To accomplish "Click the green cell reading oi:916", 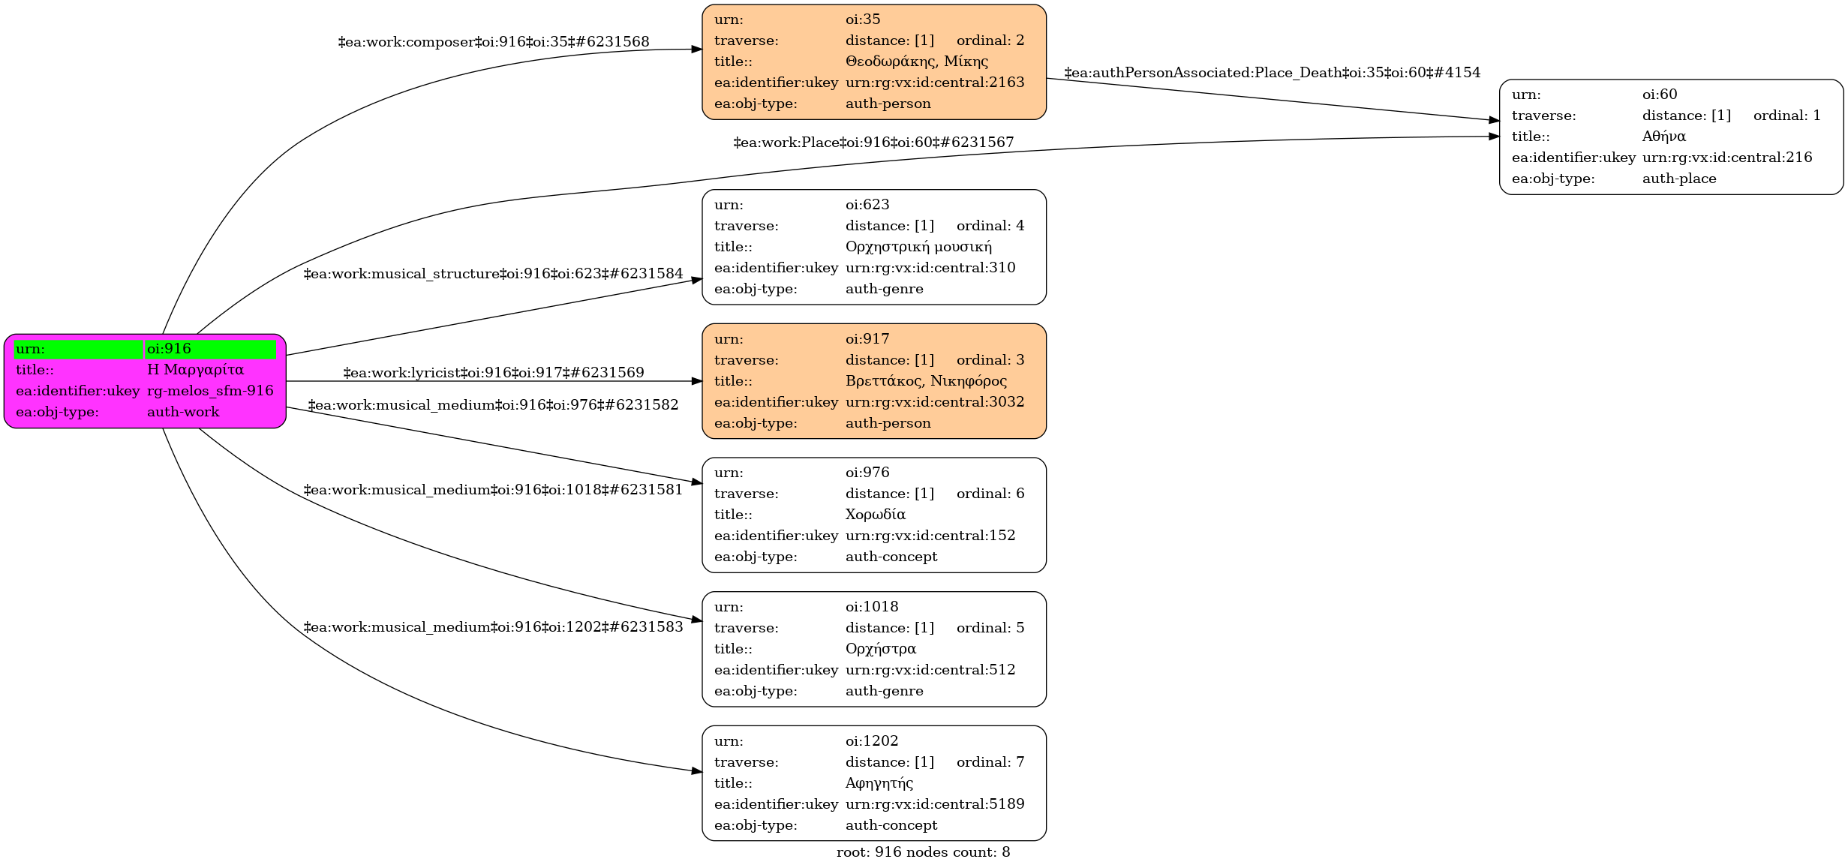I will click(210, 349).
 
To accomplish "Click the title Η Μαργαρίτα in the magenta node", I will click(195, 370).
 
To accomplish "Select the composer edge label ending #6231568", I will click(494, 42).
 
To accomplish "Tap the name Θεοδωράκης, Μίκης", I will click(916, 62).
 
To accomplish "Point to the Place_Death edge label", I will click(1272, 73).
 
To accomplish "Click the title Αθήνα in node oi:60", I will click(1663, 137).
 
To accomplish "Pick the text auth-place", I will click(1679, 179).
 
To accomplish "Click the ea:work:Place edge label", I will click(873, 143).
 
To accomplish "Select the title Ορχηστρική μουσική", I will click(918, 247).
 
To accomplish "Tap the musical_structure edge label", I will click(493, 274).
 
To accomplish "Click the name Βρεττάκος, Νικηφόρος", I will click(926, 381).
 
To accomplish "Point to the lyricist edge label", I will click(494, 373).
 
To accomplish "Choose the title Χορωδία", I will click(875, 515).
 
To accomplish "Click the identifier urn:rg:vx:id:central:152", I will click(930, 536).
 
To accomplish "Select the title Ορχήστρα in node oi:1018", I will click(880, 649).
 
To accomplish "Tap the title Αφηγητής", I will click(879, 783).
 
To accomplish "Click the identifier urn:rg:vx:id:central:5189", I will click(935, 804).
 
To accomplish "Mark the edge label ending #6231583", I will click(493, 627).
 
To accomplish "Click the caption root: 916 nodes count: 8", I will click(923, 852).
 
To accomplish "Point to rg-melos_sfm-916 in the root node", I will click(210, 391).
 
